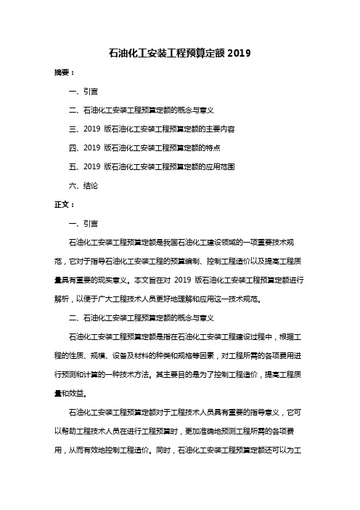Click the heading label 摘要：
coord(54,73)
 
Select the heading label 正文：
coord(54,205)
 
